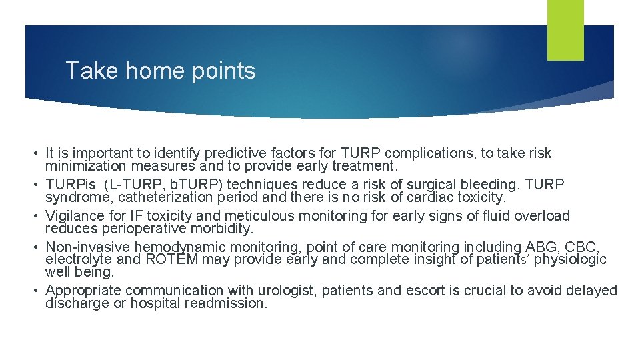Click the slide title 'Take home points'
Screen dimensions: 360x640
(161, 71)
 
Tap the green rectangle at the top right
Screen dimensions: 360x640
(565, 30)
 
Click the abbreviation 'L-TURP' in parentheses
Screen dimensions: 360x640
(140, 185)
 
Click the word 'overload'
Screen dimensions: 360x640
(543, 216)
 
